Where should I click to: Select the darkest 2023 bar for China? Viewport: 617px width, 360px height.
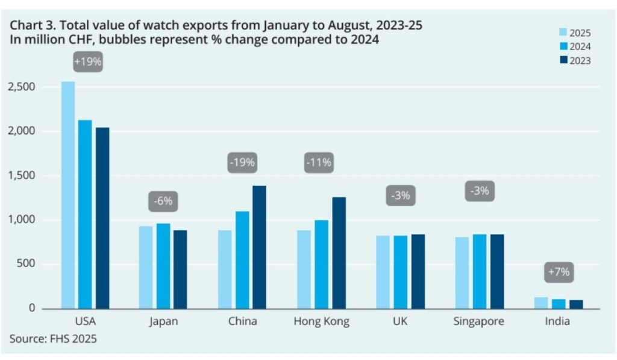coord(259,247)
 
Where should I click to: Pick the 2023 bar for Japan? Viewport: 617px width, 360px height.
coord(180,269)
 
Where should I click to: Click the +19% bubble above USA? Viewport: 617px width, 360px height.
coord(88,62)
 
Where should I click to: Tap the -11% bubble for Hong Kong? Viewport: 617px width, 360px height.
coord(319,162)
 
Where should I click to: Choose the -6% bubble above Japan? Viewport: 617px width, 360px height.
coord(163,201)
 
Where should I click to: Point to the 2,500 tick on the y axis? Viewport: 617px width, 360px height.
coord(22,87)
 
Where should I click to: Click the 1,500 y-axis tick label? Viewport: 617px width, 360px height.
coord(22,175)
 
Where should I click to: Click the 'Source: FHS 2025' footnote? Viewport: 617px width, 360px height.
coord(53,339)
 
